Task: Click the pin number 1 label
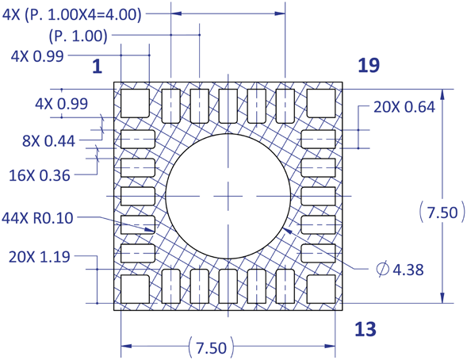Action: pos(98,67)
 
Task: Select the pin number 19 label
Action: pos(369,65)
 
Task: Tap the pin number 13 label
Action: pos(366,329)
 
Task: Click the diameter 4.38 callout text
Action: pos(400,270)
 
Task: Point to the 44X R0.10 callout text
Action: pos(37,218)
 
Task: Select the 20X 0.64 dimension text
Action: pos(404,107)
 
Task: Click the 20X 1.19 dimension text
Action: pos(40,257)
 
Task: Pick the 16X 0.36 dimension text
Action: pos(40,175)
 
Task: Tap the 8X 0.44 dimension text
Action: pos(49,141)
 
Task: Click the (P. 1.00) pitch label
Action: pos(78,36)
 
